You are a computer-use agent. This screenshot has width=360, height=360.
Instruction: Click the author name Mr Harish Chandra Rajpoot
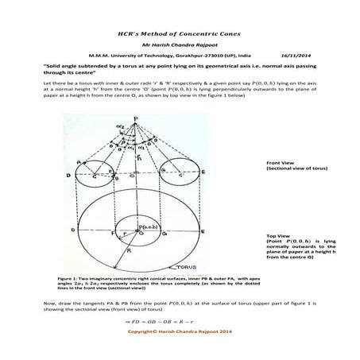pyautogui.click(x=180, y=45)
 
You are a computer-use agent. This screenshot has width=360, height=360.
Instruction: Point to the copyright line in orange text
pyautogui.click(x=179, y=329)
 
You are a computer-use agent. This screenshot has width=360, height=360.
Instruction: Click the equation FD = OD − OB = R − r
pyautogui.click(x=180, y=316)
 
